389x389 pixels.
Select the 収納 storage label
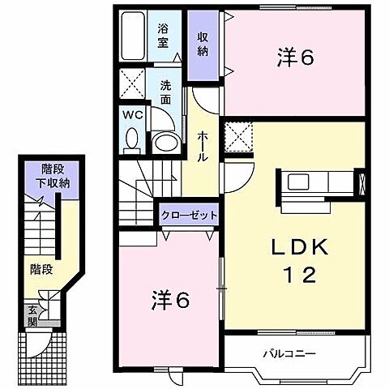203,45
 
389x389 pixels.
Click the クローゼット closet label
188,216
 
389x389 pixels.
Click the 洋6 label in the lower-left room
170,300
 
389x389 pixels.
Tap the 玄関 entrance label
33,314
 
